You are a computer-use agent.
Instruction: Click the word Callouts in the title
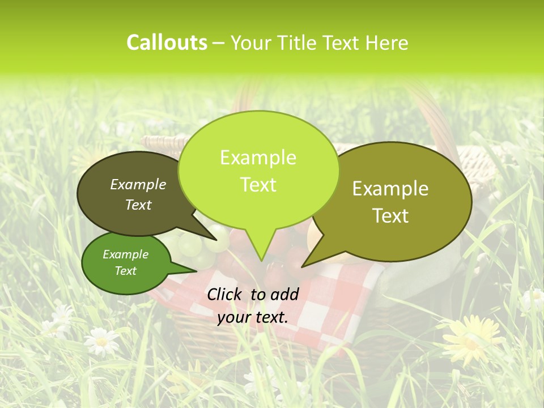click(x=167, y=42)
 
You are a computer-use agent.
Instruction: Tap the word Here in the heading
click(x=387, y=42)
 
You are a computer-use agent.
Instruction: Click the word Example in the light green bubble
click(x=258, y=158)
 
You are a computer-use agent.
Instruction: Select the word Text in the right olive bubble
click(x=391, y=216)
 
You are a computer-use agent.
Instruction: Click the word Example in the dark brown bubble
click(x=138, y=185)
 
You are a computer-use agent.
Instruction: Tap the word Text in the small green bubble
click(x=125, y=271)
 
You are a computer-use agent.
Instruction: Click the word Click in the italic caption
click(x=226, y=294)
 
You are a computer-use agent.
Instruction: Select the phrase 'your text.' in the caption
click(x=253, y=317)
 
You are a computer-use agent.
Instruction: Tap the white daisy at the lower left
click(x=101, y=340)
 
